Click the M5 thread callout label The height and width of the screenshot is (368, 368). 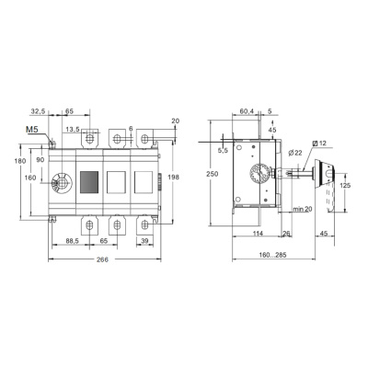tap(32, 130)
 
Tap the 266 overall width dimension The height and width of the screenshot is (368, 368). tap(102, 259)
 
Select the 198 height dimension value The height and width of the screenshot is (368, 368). tap(174, 177)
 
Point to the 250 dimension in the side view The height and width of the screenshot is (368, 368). tap(213, 174)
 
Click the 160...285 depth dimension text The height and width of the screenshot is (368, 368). tap(272, 255)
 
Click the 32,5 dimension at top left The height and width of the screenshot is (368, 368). tap(38, 111)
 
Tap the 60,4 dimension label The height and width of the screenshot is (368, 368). tap(247, 111)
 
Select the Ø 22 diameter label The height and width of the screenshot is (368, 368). tap(295, 153)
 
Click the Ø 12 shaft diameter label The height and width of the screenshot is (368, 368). tap(319, 144)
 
